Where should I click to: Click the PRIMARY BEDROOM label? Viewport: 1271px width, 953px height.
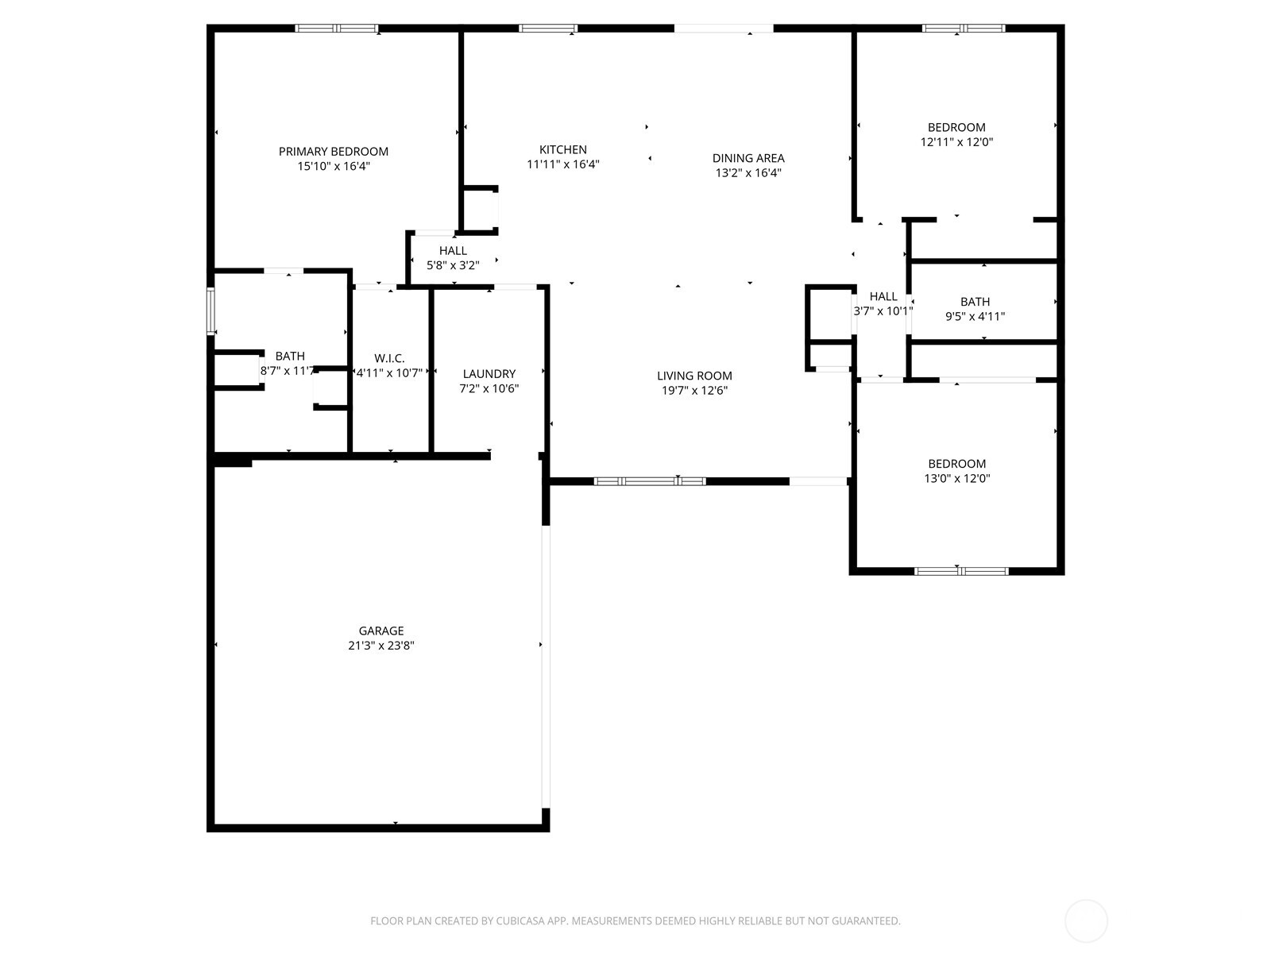[x=333, y=152]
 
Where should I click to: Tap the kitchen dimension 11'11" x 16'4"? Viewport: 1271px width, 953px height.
[x=562, y=164]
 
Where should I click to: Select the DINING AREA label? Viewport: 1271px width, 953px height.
[x=748, y=158]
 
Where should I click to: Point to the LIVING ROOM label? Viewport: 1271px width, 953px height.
[x=694, y=376]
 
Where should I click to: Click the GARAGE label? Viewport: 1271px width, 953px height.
[x=381, y=631]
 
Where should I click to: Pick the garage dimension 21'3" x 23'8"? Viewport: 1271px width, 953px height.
[x=381, y=646]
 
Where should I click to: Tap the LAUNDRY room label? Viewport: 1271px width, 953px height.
[x=489, y=374]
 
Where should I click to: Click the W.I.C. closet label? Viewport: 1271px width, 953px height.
[x=388, y=359]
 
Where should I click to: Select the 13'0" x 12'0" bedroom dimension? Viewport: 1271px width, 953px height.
[x=956, y=478]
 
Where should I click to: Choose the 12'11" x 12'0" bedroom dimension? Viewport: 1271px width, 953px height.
[x=956, y=142]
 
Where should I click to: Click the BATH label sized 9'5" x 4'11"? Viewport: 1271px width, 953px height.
[x=975, y=302]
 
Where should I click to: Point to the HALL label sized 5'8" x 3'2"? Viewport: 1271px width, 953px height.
[x=453, y=251]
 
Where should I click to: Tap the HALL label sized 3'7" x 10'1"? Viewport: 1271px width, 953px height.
[x=883, y=297]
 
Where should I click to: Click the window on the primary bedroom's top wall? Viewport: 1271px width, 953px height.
[x=337, y=29]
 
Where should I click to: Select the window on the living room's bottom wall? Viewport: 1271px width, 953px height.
[x=649, y=481]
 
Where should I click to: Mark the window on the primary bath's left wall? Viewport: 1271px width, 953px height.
[x=211, y=311]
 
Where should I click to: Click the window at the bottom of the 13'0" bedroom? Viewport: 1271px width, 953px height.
[x=960, y=571]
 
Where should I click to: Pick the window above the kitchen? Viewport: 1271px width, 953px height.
[x=548, y=29]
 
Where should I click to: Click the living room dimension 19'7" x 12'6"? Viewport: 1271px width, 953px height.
[x=694, y=390]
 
